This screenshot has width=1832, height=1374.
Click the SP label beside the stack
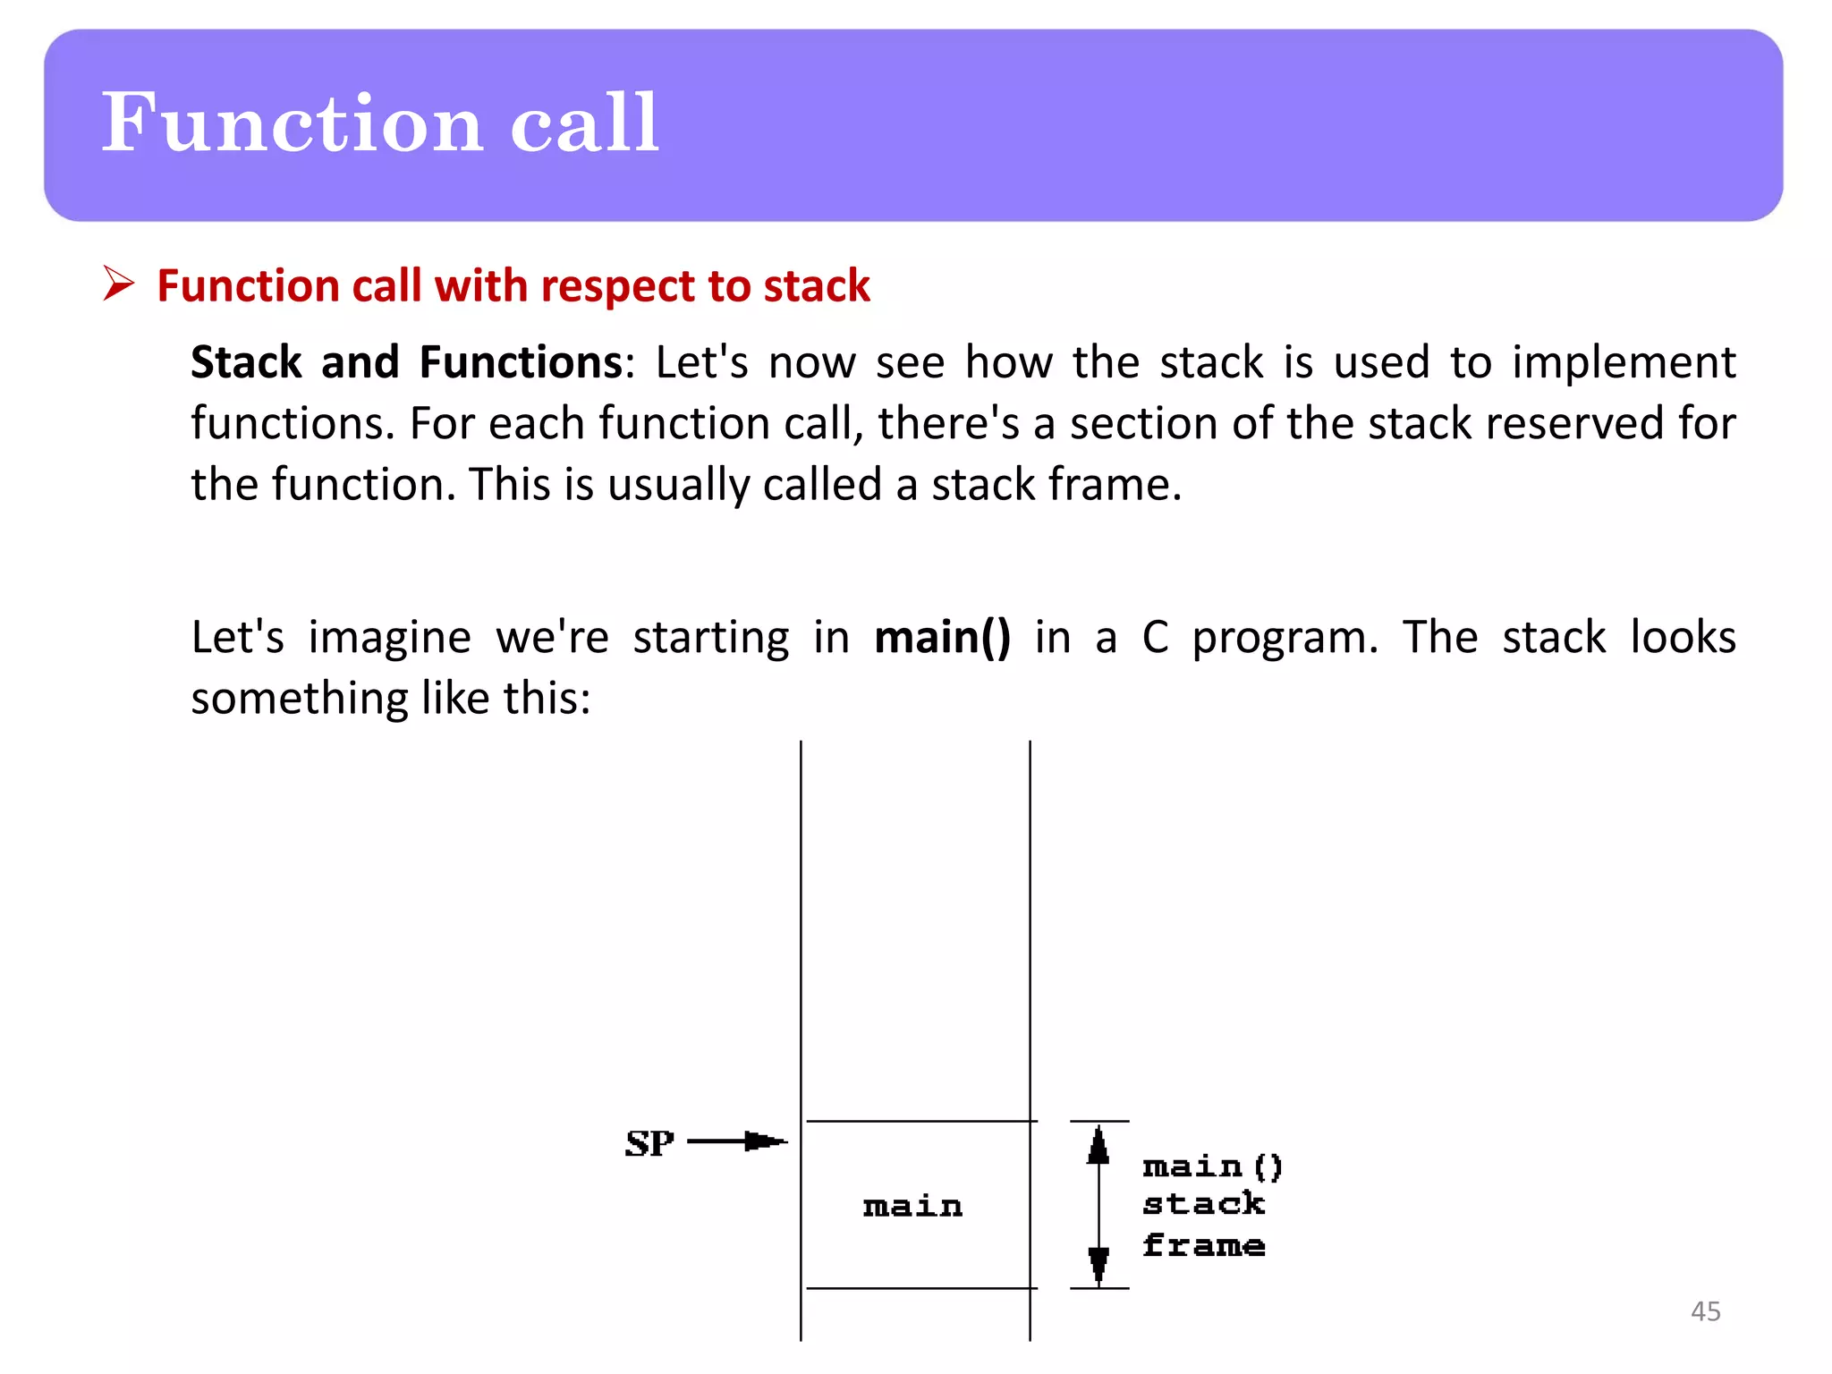649,1143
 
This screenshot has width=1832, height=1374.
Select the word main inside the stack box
912,1207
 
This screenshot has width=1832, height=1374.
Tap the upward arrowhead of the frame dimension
1098,1146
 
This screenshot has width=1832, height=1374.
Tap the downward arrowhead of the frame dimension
1098,1264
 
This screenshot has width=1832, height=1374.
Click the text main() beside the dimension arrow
1212,1166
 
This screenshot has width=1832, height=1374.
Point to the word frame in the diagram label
1203,1245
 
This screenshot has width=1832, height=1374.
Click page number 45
1705,1311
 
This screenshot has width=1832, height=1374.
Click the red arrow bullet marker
118,284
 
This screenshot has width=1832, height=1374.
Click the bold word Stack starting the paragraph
246,362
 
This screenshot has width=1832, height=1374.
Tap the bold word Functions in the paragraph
521,362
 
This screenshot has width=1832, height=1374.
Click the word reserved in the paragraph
1574,423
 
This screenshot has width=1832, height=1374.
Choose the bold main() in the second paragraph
942,638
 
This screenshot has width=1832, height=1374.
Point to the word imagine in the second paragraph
389,639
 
